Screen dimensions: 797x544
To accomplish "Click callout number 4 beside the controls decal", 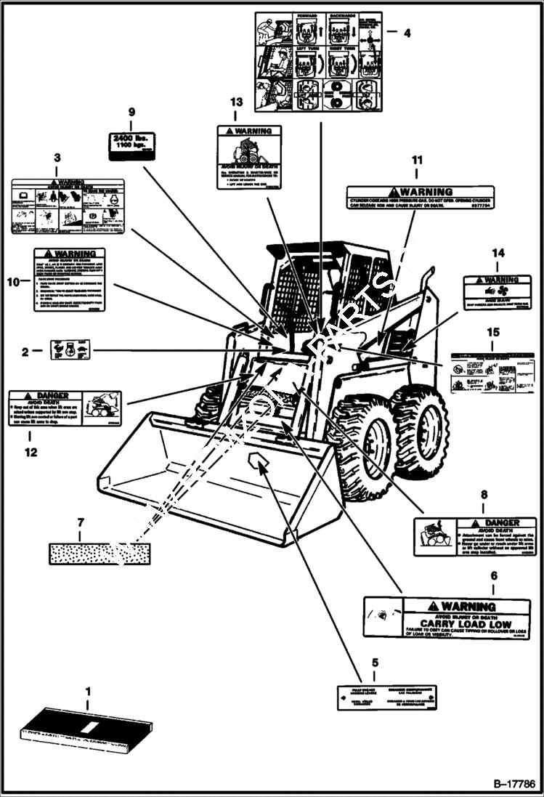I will click(x=407, y=32).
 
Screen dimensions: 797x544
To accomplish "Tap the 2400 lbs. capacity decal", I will click(x=131, y=145).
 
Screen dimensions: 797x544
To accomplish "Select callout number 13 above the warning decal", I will click(x=235, y=102).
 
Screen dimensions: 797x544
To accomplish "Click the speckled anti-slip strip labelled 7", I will click(x=99, y=554).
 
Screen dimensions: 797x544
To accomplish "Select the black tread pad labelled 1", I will click(x=84, y=727).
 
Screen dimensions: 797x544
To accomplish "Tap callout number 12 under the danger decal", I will click(x=29, y=452).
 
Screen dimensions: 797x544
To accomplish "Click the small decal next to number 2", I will click(x=70, y=349).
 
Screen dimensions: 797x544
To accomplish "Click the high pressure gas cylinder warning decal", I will click(x=420, y=197).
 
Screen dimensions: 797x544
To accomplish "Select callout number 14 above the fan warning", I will click(x=498, y=253).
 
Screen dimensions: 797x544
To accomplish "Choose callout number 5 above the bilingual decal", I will click(x=375, y=662).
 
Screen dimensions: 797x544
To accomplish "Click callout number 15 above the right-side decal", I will click(x=493, y=332).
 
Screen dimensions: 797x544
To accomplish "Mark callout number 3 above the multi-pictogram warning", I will click(x=57, y=157).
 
